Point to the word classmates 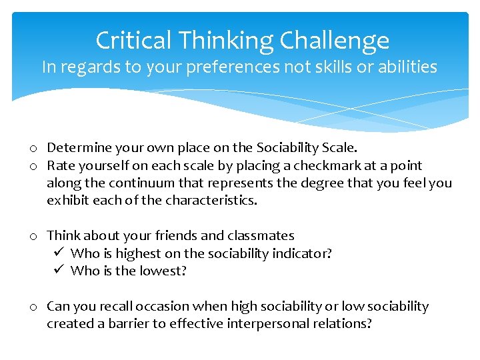click(261, 235)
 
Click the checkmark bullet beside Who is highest click(58, 253)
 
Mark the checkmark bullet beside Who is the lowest click(58, 271)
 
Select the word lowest click(165, 271)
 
